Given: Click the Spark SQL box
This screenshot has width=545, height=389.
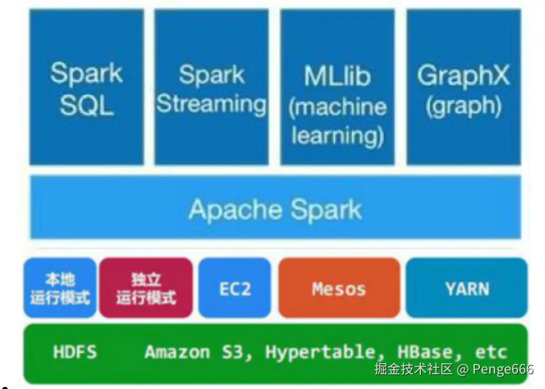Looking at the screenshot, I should (86, 87).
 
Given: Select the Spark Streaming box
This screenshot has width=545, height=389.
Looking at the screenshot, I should (211, 87).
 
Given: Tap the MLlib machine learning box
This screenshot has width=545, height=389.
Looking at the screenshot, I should (337, 87).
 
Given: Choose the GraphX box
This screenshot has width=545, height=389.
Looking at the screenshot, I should (463, 87).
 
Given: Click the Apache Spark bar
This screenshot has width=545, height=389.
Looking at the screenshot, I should (275, 209).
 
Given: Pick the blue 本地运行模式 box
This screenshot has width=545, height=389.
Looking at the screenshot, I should (60, 288).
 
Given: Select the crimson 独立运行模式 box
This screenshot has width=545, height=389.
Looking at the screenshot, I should (146, 288).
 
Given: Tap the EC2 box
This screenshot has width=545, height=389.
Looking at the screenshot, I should (235, 288).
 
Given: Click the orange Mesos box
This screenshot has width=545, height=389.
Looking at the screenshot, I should (339, 288).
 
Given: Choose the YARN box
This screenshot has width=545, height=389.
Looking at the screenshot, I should (467, 288).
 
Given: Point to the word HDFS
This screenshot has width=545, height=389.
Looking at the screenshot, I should (75, 352).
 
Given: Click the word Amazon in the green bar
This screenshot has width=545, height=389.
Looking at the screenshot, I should (177, 352).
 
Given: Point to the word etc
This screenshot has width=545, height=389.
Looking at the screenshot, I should (491, 352).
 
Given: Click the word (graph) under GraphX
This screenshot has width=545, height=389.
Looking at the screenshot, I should (463, 105).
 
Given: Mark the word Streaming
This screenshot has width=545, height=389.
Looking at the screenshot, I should (211, 104).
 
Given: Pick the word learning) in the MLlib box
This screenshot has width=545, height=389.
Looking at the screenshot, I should (337, 135).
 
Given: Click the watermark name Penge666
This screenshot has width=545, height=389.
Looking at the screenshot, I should (503, 369).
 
